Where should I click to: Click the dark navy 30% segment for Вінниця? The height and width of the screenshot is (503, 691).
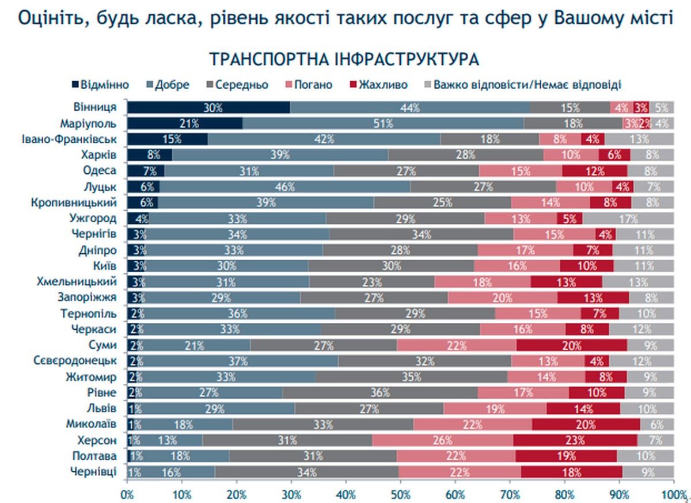click(208, 107)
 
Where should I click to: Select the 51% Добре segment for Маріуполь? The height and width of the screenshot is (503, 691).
click(383, 123)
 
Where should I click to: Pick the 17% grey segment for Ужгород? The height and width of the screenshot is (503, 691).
click(628, 218)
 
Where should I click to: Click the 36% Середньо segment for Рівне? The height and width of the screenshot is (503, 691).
click(380, 393)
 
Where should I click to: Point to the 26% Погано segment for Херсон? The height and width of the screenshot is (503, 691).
click(442, 440)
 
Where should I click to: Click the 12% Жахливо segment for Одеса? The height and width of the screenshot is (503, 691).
click(595, 170)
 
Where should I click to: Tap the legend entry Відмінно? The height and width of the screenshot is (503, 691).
click(101, 85)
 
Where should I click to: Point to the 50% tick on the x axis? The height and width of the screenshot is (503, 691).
click(400, 494)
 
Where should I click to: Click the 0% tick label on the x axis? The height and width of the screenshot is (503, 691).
click(127, 494)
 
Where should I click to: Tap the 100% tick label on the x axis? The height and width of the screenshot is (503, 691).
click(671, 494)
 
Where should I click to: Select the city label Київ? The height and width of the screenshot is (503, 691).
click(105, 266)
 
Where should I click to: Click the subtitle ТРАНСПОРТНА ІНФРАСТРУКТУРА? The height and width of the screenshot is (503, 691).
click(344, 59)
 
